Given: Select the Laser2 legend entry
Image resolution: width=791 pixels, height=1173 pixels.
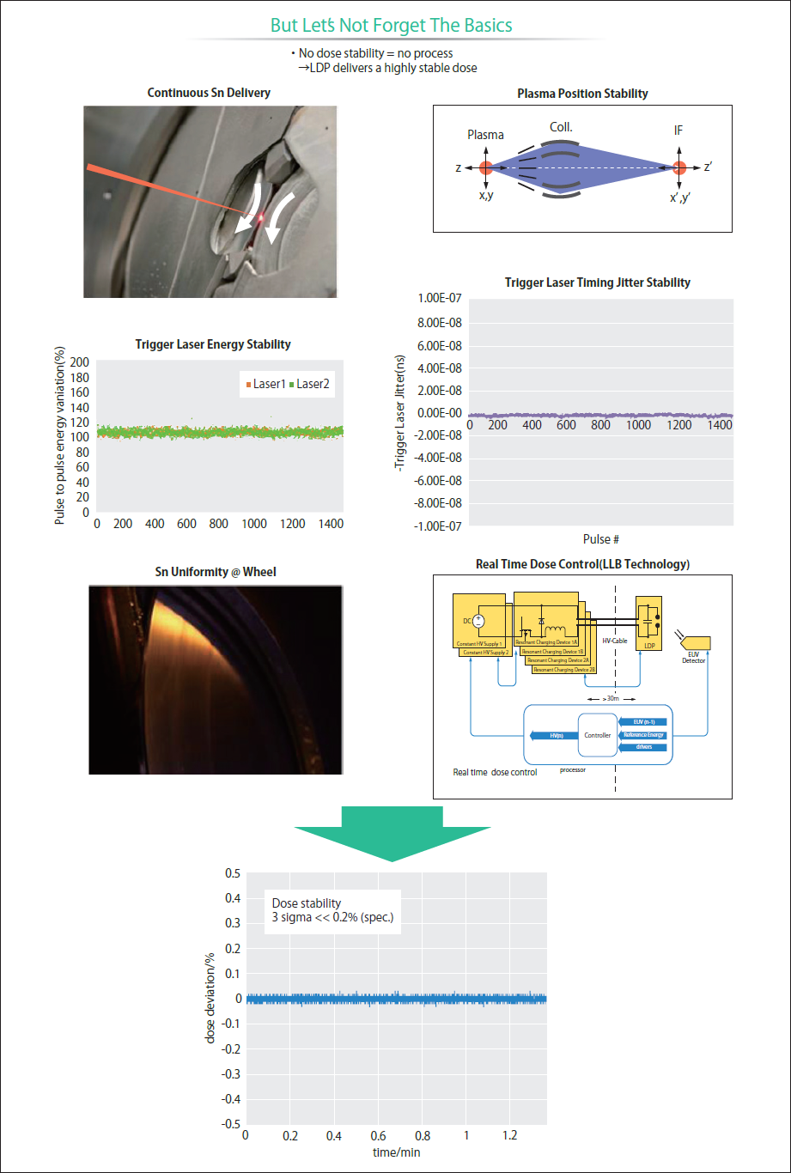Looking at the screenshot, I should point(310,384).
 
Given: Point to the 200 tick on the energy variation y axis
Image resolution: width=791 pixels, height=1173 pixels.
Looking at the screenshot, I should point(79,362).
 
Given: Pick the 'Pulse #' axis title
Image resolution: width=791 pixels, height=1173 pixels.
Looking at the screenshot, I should point(601,539).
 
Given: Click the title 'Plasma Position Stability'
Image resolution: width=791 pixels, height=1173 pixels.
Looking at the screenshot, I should point(582,93).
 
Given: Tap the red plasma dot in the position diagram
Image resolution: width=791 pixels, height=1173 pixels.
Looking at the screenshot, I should point(486,167).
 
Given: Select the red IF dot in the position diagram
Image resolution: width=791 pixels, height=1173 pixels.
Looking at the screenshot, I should point(679,167).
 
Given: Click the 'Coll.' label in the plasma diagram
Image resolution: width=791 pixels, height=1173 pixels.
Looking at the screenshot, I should point(561,127).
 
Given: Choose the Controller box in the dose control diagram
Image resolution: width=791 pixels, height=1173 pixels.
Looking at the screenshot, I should point(597,735).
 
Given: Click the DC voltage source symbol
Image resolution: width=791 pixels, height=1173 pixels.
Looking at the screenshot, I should point(478,621).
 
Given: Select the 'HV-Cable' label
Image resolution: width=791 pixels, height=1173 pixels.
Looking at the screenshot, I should point(614,641).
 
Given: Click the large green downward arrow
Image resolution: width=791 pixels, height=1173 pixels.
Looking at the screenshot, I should point(392,831).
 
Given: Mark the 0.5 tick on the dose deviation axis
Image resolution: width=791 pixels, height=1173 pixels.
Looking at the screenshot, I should point(232,873).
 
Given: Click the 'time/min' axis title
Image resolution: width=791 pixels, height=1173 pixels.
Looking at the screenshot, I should point(396,1152).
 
